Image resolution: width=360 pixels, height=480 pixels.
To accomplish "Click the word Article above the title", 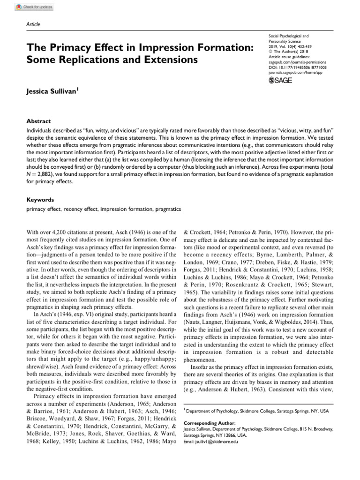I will pos(33,24).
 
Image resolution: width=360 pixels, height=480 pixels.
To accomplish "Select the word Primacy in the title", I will pos(66,48).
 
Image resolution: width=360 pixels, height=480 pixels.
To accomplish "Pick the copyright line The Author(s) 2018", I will pos(293,52).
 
